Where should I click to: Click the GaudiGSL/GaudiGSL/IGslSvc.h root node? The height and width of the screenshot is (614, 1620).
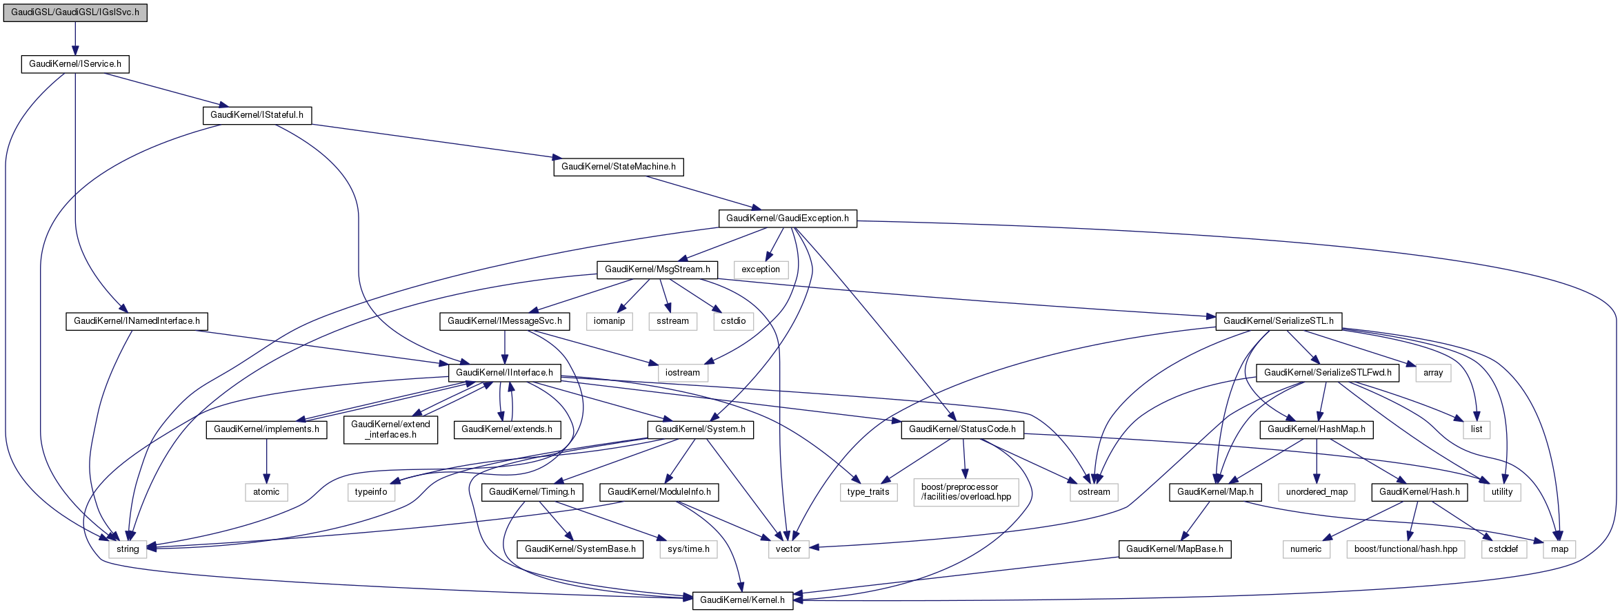click(x=75, y=12)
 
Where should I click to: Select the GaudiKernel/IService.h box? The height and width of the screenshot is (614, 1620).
click(x=75, y=64)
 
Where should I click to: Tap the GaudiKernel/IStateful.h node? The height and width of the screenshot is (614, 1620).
click(x=257, y=115)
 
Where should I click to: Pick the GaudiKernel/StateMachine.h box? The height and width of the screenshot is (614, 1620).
click(x=618, y=167)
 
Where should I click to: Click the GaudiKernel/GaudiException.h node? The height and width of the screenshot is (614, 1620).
click(x=787, y=218)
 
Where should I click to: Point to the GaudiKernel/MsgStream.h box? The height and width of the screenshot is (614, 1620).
click(x=657, y=269)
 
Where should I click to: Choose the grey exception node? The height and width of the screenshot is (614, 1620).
click(x=761, y=269)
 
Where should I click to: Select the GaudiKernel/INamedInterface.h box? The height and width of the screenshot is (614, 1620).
click(x=137, y=321)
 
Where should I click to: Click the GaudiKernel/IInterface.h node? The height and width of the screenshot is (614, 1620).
click(x=504, y=373)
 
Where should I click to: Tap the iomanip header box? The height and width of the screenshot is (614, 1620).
click(x=609, y=321)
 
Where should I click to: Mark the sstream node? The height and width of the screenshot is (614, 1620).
click(x=672, y=321)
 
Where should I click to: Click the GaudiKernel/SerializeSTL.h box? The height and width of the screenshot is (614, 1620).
click(x=1278, y=321)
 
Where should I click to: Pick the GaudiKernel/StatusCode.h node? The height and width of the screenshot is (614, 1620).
click(x=962, y=429)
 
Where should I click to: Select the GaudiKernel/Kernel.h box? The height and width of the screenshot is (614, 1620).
click(x=742, y=600)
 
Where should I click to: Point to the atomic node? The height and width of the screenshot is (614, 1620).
click(x=266, y=492)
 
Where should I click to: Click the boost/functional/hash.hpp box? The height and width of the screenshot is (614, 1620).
click(x=1406, y=549)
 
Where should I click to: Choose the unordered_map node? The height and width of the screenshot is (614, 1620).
click(x=1317, y=492)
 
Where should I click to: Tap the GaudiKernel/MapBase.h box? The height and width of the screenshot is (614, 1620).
click(x=1174, y=549)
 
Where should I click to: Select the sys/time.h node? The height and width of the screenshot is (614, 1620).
click(x=688, y=549)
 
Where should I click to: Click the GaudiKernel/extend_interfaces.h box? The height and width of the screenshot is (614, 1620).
click(x=390, y=429)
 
